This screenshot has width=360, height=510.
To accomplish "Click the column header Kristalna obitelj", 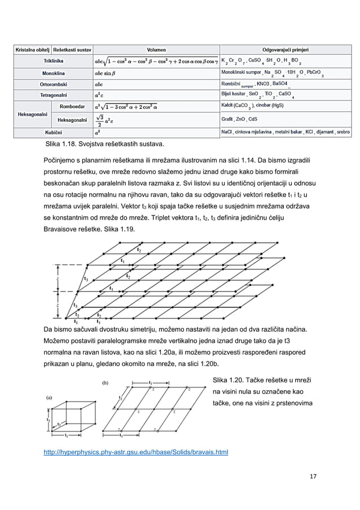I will (31, 50).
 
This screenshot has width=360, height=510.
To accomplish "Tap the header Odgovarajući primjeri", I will (285, 50).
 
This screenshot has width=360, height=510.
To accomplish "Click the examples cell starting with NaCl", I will (285, 133).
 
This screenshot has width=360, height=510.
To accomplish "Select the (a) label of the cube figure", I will (50, 396).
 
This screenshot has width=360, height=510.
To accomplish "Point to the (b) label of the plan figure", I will (105, 382).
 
